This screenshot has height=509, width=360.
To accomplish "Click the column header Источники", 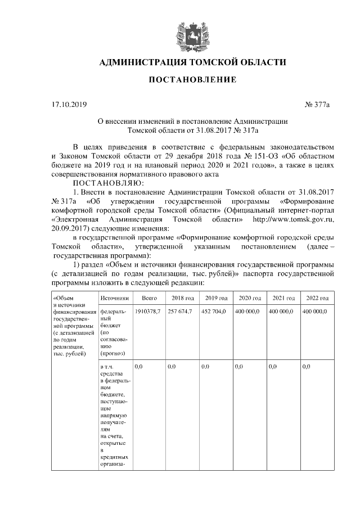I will (114, 298).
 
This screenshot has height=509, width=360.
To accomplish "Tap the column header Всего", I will (149, 298).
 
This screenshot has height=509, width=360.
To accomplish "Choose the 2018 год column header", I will (183, 298).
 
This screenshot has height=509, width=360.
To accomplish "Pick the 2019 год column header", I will (217, 298).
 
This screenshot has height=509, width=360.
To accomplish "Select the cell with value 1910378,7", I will (148, 311).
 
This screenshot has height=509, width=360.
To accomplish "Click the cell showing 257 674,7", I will (181, 311).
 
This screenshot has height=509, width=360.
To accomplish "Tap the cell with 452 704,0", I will (215, 311).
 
